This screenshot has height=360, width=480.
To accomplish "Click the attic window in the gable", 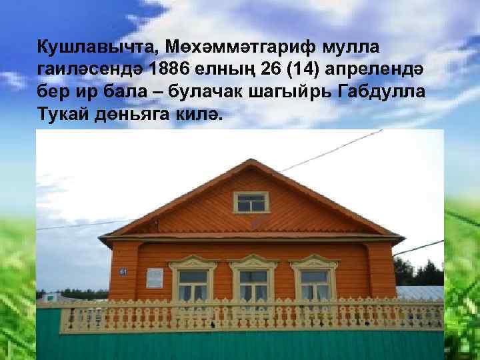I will coord(251,201).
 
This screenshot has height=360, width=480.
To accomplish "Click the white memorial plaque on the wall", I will coord(155,278).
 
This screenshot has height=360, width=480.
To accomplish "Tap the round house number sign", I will coord(141,271).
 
